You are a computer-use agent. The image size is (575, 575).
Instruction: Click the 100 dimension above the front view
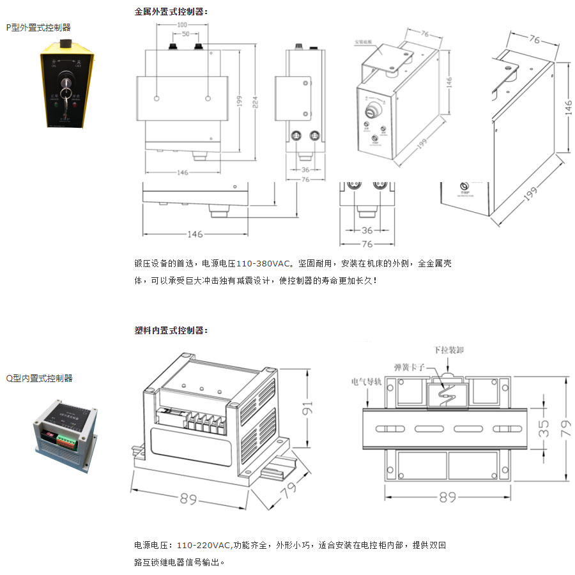pyautogui.click(x=181, y=24)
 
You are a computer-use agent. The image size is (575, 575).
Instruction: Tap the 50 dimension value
pyautogui.click(x=185, y=33)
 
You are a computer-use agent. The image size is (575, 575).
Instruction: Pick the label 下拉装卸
pyautogui.click(x=448, y=351)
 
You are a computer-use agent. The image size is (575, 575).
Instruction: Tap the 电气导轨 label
pyautogui.click(x=367, y=382)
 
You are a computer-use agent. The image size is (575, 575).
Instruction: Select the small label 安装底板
pyautogui.click(x=364, y=43)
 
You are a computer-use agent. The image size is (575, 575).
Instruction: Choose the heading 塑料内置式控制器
pyautogui.click(x=171, y=331)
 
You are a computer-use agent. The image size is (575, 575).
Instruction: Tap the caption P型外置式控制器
pyautogui.click(x=38, y=27)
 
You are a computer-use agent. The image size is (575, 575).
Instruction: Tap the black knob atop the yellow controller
pyautogui.click(x=64, y=43)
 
